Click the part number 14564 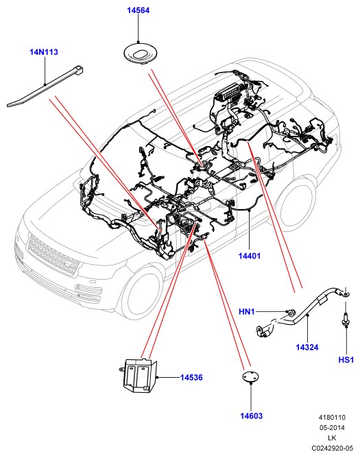pos(138,10)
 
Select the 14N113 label pos(44,52)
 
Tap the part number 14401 pos(249,256)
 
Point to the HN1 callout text pos(247,312)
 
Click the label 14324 pos(307,348)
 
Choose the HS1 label pos(346,359)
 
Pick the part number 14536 pos(191,377)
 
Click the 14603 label pos(251,415)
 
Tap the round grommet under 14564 pos(139,53)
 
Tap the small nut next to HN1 pos(291,313)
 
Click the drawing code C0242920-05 pos(332,448)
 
